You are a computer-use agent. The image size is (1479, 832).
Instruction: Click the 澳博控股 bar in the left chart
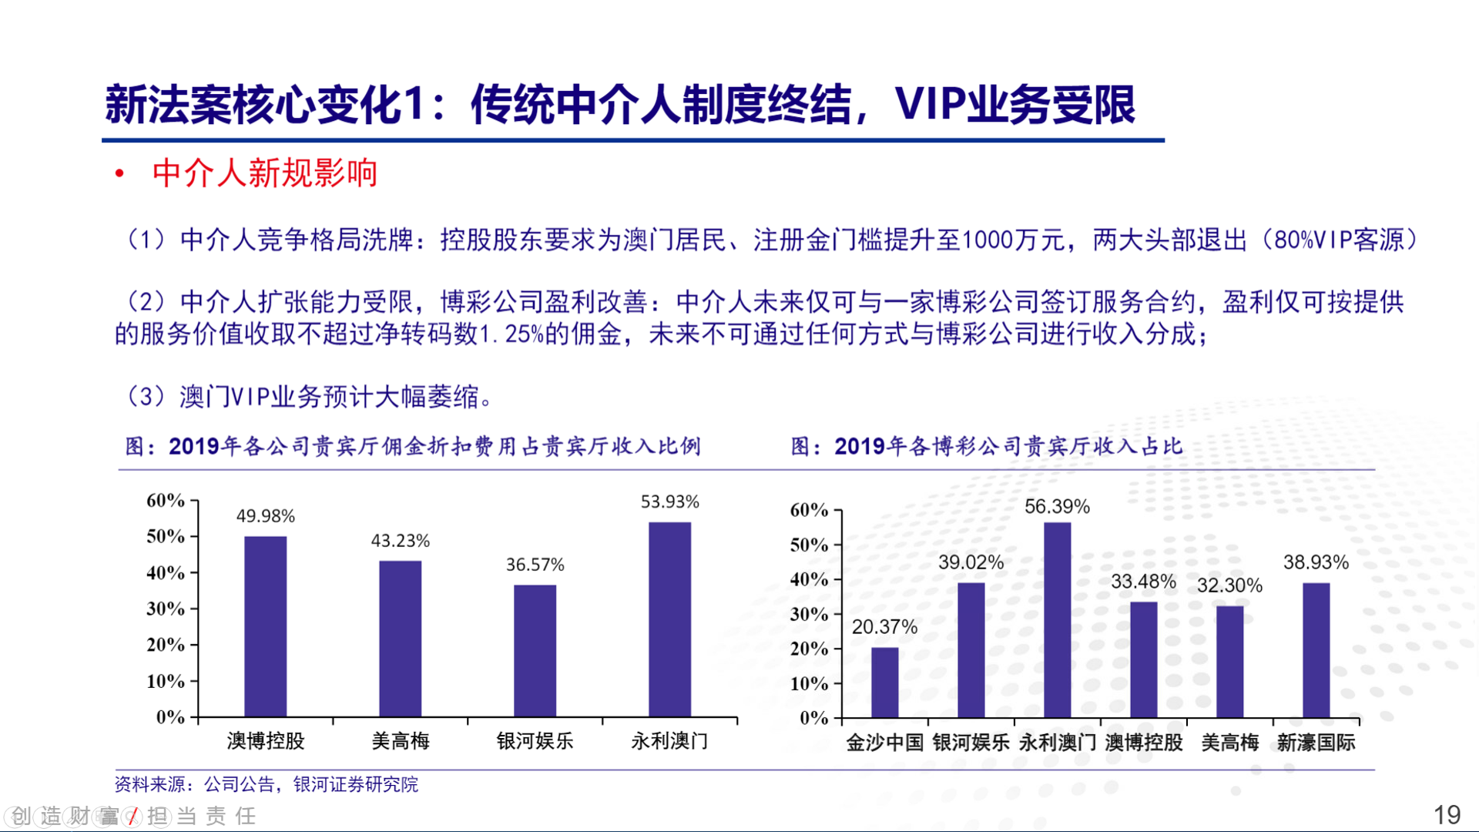pos(265,626)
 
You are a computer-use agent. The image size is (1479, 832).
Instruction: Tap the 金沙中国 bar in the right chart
pos(884,682)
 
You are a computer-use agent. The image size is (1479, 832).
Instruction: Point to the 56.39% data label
pos(1057,507)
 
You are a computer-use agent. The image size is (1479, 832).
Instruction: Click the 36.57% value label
pos(535,565)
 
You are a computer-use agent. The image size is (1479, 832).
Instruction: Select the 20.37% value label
pos(884,627)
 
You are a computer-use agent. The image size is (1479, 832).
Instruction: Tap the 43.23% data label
pos(400,541)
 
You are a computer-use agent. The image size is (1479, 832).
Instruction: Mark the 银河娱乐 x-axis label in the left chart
pos(535,741)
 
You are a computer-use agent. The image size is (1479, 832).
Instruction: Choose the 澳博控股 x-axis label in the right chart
pos(1143,743)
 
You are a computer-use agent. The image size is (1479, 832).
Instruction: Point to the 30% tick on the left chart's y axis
pos(166,609)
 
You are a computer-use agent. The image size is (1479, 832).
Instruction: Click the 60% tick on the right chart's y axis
pos(809,510)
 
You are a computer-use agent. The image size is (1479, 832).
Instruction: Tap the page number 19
pos(1446,814)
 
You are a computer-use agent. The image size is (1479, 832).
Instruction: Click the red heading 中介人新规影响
pos(264,173)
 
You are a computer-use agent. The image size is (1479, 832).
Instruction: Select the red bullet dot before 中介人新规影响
pos(119,174)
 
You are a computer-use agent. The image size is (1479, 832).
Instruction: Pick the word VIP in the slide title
pos(929,104)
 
